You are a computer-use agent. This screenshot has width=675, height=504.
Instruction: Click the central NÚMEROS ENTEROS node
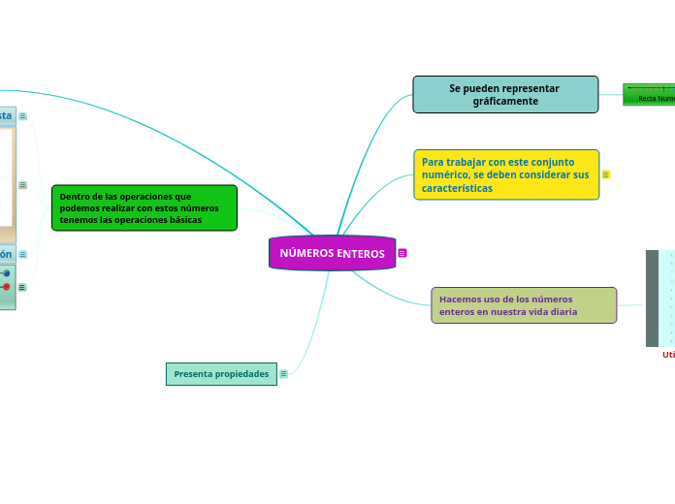332,253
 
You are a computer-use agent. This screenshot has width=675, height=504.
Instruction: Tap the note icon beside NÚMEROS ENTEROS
402,253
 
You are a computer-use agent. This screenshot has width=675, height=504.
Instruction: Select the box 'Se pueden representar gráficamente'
505,94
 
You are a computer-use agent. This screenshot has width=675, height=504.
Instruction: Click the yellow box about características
506,174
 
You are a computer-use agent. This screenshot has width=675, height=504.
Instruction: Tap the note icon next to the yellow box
606,174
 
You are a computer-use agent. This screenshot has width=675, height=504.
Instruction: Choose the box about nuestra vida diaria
524,305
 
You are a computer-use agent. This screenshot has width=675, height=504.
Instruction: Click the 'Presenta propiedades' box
221,373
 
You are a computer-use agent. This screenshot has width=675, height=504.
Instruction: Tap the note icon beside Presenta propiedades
283,373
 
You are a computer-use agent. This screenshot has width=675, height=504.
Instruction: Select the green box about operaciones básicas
144,207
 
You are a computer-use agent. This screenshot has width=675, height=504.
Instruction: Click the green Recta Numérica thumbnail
649,94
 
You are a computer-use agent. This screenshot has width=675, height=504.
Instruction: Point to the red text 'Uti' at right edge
668,355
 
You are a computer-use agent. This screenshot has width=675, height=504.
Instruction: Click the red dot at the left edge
6,287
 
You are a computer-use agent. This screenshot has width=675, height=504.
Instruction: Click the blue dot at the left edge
6,273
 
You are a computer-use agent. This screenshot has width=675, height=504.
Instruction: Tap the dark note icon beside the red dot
22,287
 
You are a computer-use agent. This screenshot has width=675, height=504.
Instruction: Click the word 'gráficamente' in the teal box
504,101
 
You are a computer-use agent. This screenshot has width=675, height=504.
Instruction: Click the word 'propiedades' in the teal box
241,373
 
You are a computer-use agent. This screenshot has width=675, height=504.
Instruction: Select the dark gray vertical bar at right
652,299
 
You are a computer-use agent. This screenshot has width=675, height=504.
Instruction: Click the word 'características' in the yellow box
457,188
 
